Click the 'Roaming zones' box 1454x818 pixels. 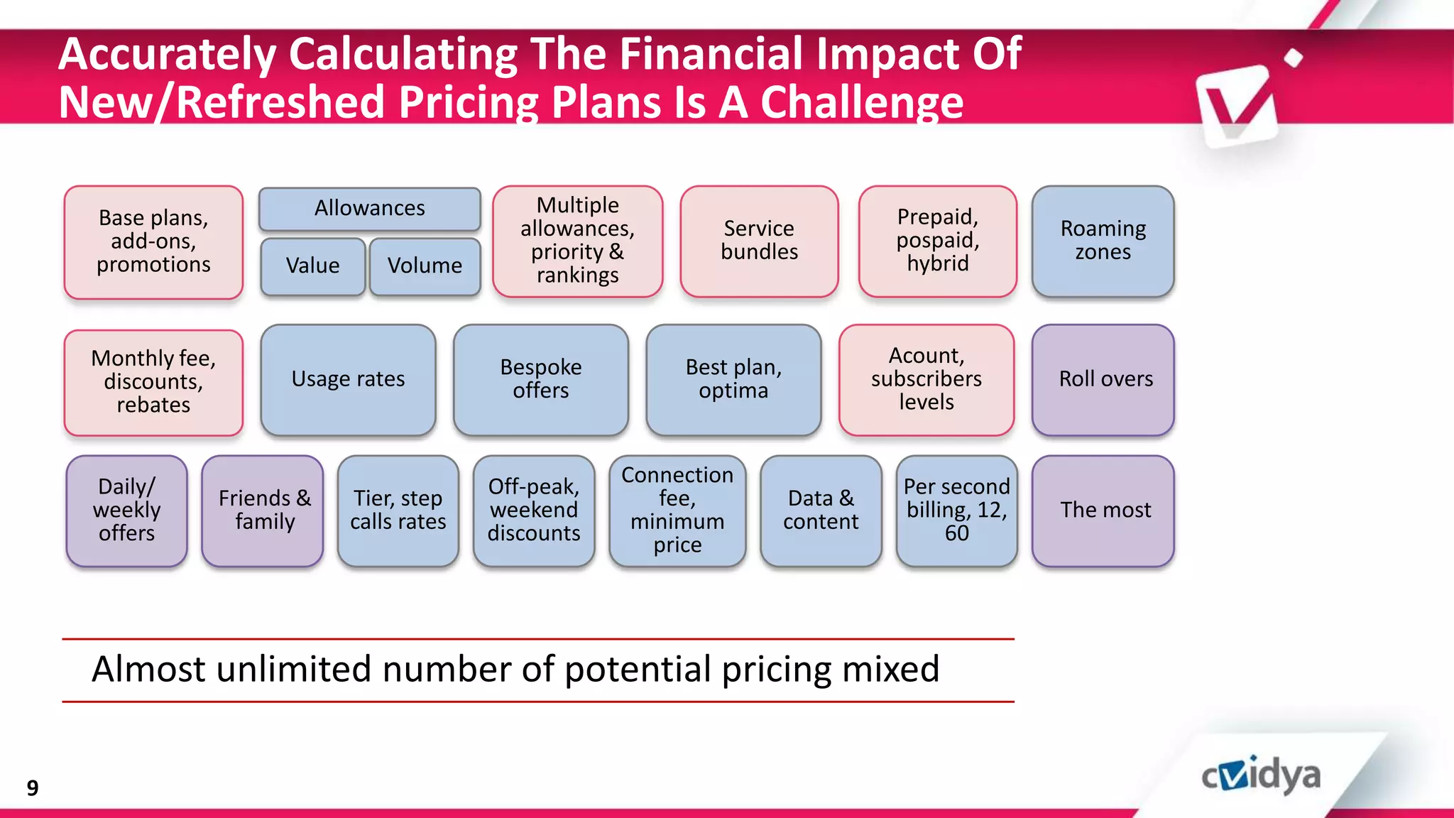point(1103,241)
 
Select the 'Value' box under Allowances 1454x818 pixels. point(313,266)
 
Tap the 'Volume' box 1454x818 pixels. point(425,266)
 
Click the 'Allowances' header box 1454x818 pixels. point(369,209)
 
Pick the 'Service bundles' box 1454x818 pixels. point(759,241)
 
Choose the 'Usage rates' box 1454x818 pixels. point(348,380)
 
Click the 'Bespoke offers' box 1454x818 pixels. point(540,380)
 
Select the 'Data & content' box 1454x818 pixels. point(821,511)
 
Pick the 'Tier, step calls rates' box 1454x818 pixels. point(398,511)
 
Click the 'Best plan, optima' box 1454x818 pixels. point(733,380)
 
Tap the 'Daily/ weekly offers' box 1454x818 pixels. point(127,511)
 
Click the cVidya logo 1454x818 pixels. point(1261,775)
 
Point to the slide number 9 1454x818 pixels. point(33,787)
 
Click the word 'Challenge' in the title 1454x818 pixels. point(862,103)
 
